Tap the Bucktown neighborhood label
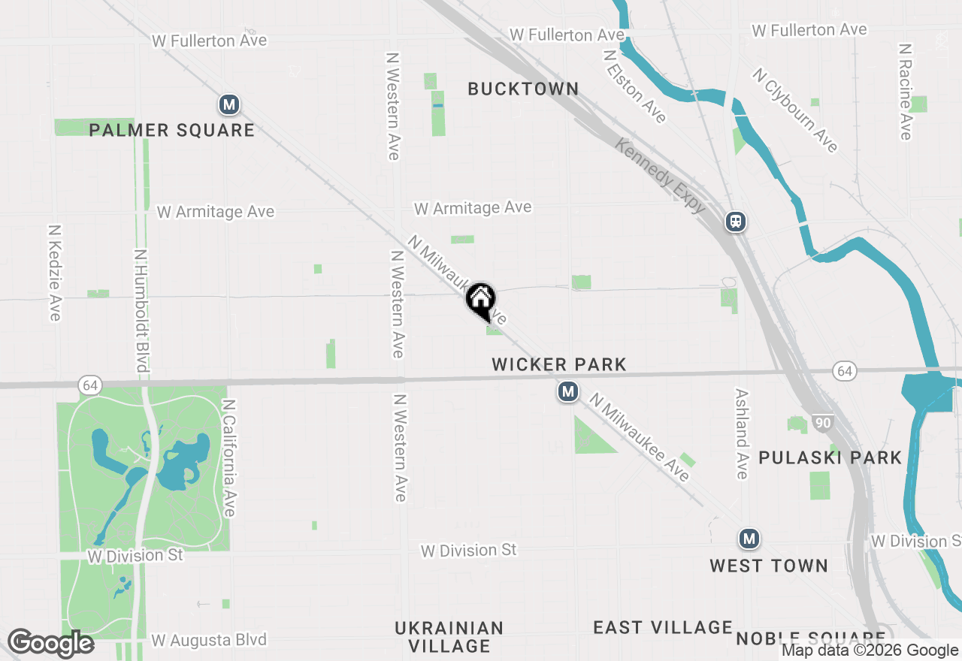(x=523, y=89)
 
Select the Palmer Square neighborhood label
(x=172, y=130)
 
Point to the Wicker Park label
(x=559, y=365)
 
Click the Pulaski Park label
(x=830, y=457)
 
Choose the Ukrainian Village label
(x=449, y=637)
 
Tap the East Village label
(x=662, y=627)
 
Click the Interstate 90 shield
(x=823, y=423)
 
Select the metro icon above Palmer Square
(x=229, y=105)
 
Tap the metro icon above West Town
(x=749, y=539)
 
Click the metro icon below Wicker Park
(x=568, y=391)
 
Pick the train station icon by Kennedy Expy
(x=735, y=222)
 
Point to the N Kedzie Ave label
(x=54, y=273)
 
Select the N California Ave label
(x=229, y=457)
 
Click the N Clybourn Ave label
(x=795, y=110)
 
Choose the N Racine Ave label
(x=906, y=91)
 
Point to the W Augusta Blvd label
(x=209, y=641)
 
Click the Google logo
(x=50, y=644)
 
